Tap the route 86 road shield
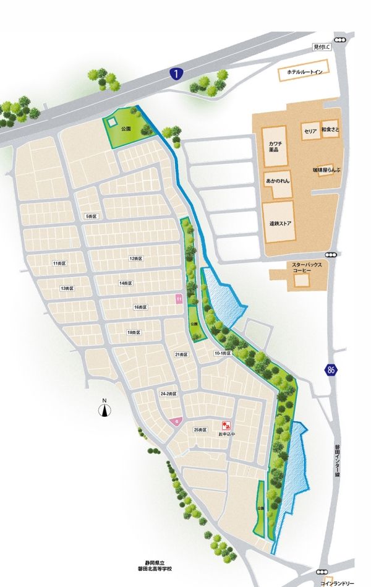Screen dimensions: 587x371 pos(331,371)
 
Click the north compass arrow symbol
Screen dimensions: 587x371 pos(106,408)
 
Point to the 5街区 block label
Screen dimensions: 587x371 pos(92,216)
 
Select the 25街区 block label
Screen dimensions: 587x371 pos(200,429)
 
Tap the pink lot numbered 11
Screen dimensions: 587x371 pos(179,299)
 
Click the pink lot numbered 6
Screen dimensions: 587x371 pos(176,421)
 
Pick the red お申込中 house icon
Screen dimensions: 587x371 pos(226,426)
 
